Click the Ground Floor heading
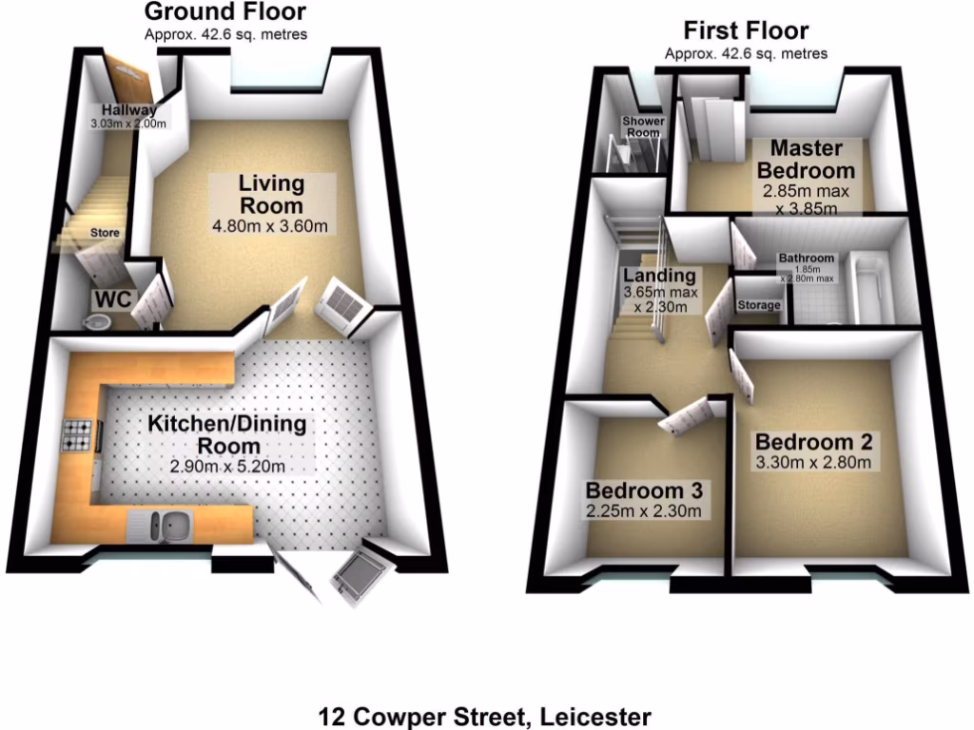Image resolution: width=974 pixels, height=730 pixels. click(224, 12)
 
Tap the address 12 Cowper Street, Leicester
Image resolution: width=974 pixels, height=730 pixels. click(485, 715)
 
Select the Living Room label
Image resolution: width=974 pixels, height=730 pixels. click(271, 193)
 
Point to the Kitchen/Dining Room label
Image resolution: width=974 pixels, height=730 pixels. click(233, 434)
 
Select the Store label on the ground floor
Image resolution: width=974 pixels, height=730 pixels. click(105, 232)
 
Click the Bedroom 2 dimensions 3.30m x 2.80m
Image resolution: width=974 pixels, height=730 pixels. click(813, 464)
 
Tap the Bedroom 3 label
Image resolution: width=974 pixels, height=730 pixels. click(644, 490)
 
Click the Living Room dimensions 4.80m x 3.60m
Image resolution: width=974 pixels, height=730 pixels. click(271, 226)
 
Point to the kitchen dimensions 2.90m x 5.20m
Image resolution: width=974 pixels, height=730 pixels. click(228, 467)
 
